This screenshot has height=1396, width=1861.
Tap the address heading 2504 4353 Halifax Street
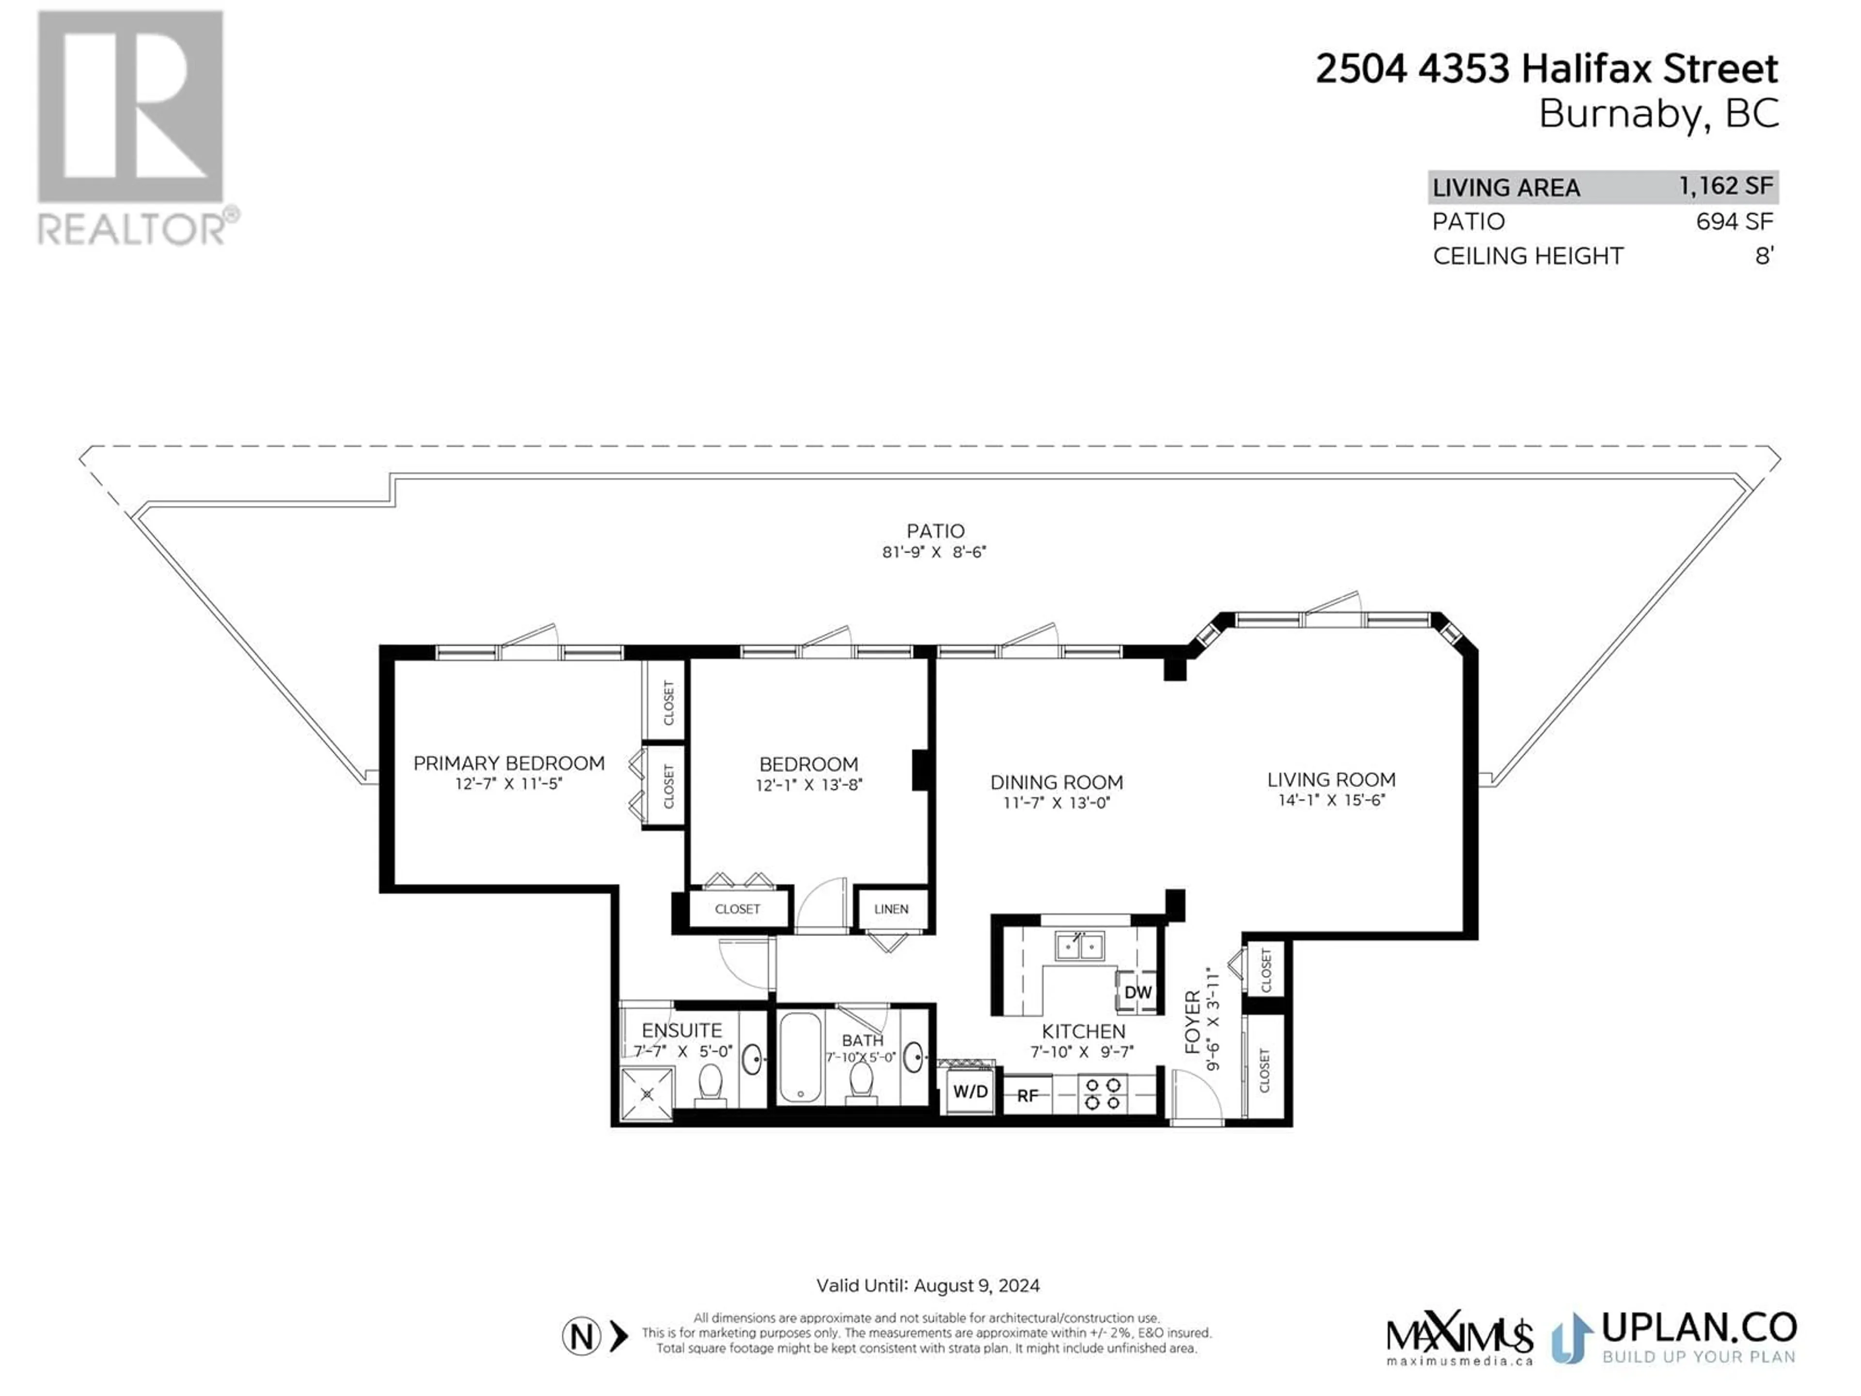point(1546,69)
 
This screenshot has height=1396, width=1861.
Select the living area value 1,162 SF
point(1726,186)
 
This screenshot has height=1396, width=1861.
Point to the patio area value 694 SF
point(1735,222)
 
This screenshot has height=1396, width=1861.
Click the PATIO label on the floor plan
point(935,531)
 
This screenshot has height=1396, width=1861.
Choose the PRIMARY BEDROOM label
point(509,763)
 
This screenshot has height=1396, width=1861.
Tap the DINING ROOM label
point(1057,782)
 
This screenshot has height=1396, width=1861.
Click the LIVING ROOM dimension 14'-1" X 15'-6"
point(1332,800)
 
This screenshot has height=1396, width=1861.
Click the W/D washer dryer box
point(970,1092)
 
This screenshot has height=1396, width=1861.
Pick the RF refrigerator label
point(1028,1095)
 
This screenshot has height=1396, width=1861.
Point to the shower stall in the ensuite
point(647,1094)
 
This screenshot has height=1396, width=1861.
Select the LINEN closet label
point(891,909)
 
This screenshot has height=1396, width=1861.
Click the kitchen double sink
point(1079,947)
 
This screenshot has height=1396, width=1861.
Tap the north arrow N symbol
point(582,1336)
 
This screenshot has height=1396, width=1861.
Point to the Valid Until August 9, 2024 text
point(928,1286)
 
